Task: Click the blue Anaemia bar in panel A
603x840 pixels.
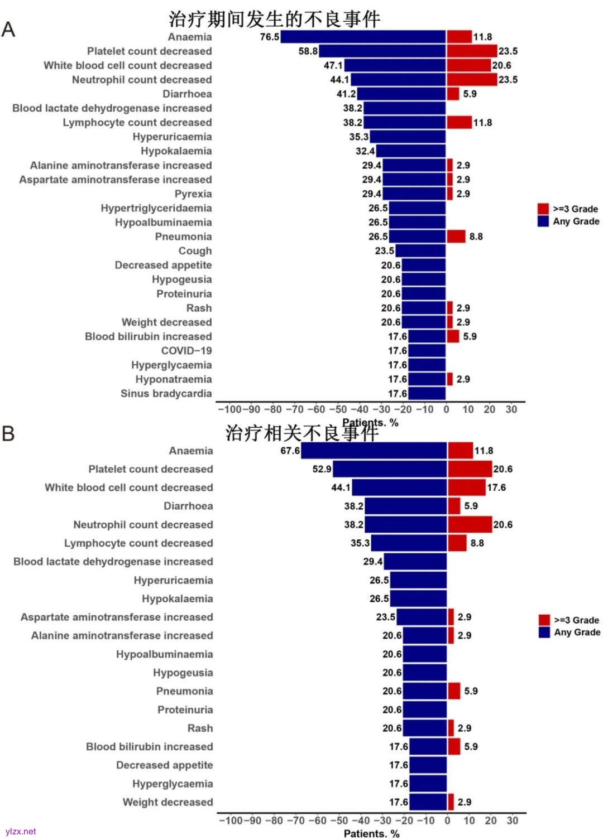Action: coord(363,37)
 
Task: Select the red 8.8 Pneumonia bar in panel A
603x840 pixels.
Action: coord(456,236)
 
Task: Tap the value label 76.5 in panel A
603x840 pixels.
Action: coord(270,37)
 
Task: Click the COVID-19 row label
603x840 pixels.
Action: coord(186,351)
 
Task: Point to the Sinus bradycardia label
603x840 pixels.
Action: coord(166,393)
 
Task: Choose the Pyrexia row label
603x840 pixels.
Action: coord(193,194)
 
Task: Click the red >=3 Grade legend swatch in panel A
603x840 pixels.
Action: coord(543,209)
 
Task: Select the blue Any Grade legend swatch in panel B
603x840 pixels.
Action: coord(544,632)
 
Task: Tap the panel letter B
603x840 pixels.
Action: coord(8,433)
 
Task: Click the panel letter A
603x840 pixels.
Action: coord(8,29)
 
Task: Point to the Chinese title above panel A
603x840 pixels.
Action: coord(274,20)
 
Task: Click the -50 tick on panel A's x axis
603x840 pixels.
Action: coord(338,409)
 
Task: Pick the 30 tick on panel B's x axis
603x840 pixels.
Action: coord(512,820)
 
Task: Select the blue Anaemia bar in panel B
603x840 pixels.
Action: coord(374,451)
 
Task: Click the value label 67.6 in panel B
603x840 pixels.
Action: coord(290,451)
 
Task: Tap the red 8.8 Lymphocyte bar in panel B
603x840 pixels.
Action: coord(457,543)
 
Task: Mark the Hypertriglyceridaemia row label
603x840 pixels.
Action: coord(156,208)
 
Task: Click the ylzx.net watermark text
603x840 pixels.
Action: coord(21,831)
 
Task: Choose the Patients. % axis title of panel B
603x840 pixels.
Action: coord(371,833)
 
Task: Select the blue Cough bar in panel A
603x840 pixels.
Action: coord(420,251)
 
